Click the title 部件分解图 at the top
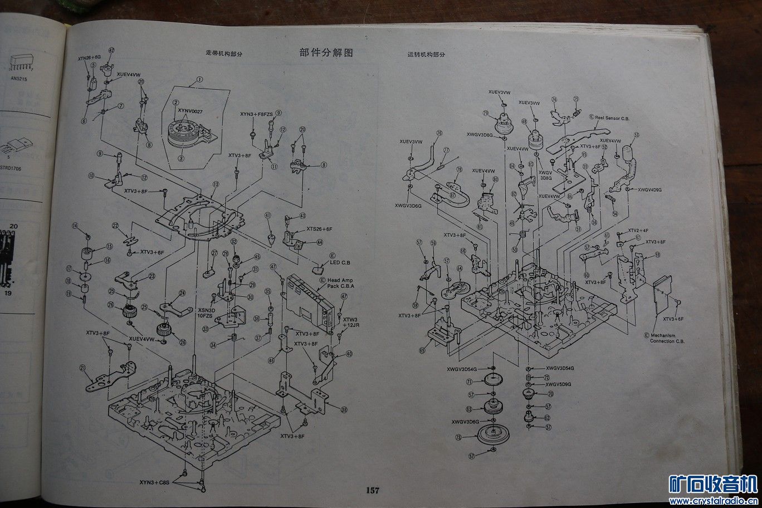click(326, 53)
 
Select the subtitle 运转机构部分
click(426, 55)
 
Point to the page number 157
click(373, 490)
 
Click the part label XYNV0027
click(190, 111)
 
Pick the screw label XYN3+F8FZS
click(256, 114)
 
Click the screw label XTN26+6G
click(89, 57)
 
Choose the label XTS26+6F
click(319, 229)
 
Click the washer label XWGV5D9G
click(559, 384)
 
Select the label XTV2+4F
click(638, 231)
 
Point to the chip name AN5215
click(18, 79)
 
